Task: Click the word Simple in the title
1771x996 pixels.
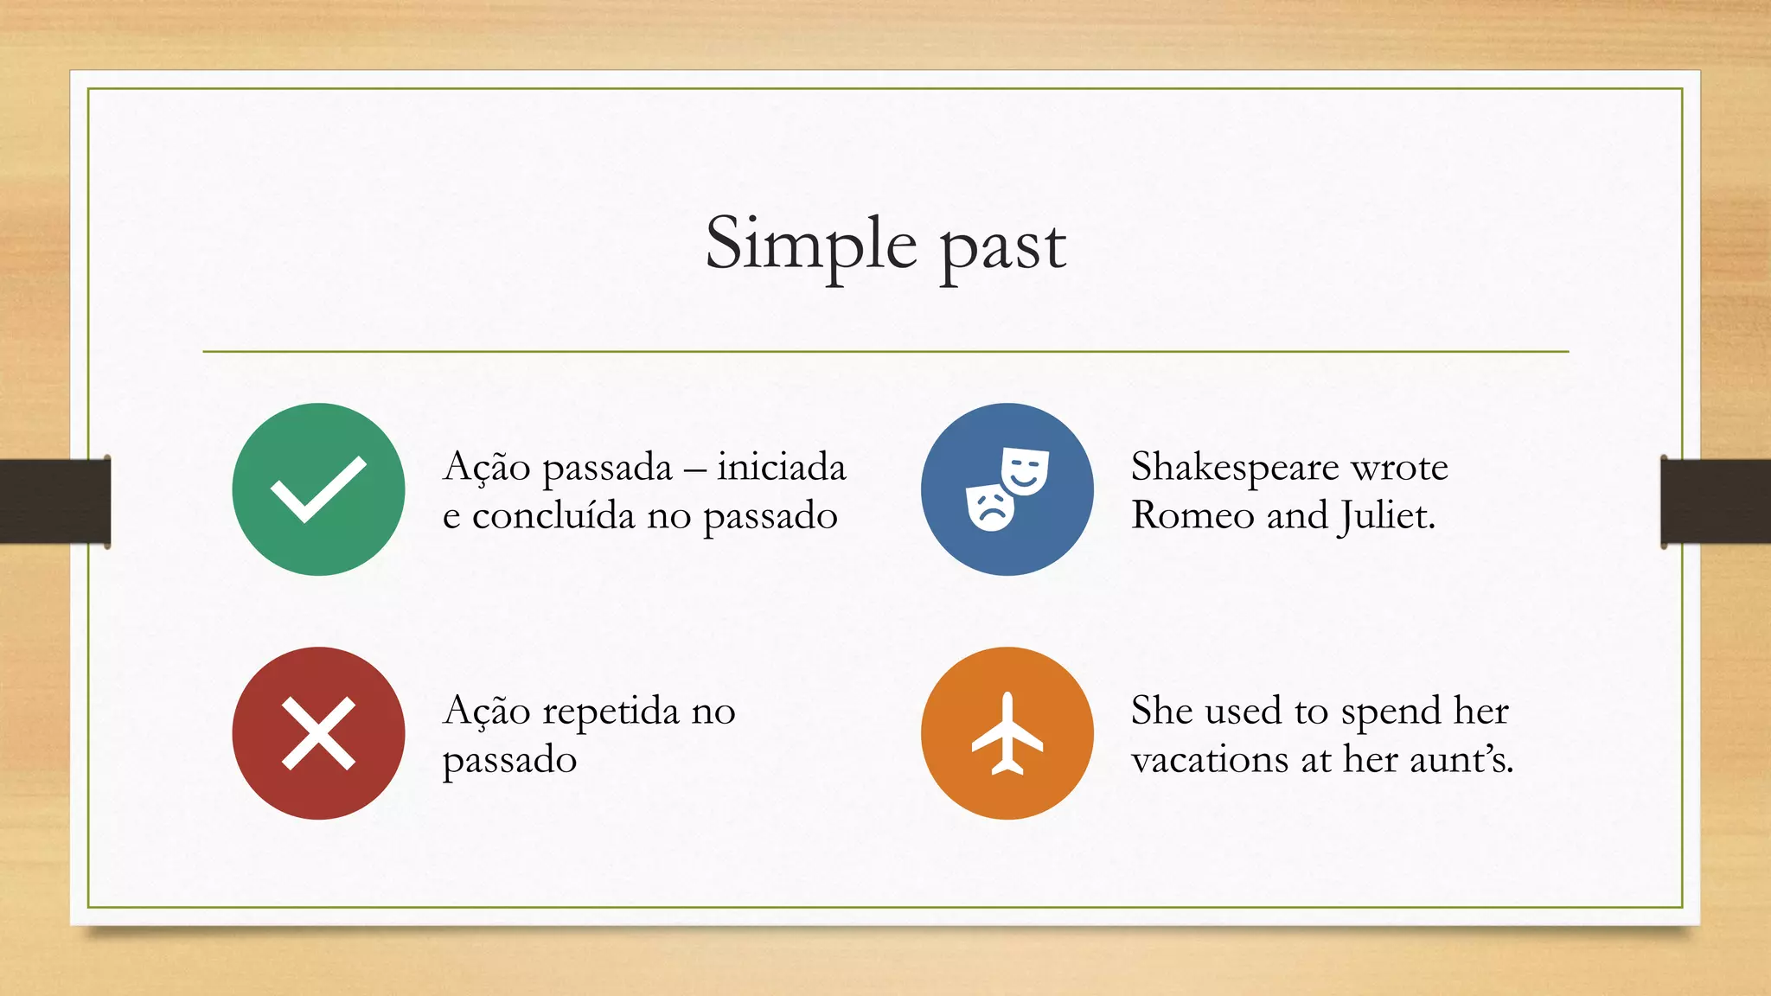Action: [810, 245]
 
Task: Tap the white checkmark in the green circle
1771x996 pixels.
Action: [317, 489]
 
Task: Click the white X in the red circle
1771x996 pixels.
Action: [318, 733]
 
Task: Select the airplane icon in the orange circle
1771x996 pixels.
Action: [1007, 733]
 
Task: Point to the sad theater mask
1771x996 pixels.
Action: [989, 508]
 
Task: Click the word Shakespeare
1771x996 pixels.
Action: [1235, 468]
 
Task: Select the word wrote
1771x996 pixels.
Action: [1399, 468]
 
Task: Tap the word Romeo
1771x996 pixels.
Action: [1192, 516]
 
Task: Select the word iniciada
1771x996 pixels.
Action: [781, 468]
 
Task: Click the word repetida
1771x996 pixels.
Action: [611, 712]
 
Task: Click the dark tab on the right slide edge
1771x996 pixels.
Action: [1716, 501]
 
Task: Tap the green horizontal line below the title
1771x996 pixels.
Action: [885, 352]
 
